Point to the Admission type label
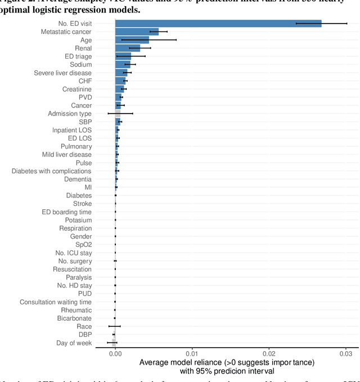click(70, 114)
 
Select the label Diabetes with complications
click(51, 171)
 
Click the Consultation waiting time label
click(56, 302)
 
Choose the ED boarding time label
click(66, 212)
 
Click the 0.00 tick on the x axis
click(115, 353)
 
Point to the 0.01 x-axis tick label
click(192, 353)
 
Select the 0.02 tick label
click(269, 353)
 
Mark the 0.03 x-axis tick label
click(346, 353)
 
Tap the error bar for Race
click(115, 326)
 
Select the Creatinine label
click(76, 89)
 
